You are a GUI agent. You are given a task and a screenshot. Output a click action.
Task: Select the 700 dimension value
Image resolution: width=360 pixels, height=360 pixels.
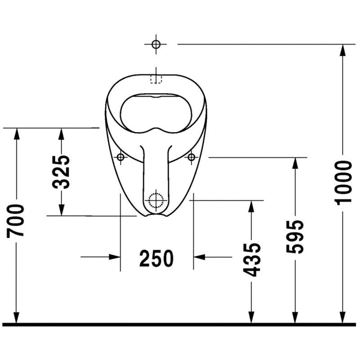[x=16, y=221]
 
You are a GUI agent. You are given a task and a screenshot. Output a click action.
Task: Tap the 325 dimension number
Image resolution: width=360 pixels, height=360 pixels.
[x=61, y=172]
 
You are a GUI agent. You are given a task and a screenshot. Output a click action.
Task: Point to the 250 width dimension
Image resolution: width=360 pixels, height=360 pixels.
[x=156, y=258]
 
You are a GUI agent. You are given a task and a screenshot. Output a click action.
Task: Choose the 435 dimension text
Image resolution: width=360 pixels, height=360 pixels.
[x=252, y=260]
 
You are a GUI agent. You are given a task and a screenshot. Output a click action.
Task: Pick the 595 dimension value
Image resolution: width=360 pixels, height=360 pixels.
[x=295, y=237]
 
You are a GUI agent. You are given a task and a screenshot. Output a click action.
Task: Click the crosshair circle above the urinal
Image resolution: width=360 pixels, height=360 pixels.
[x=156, y=44]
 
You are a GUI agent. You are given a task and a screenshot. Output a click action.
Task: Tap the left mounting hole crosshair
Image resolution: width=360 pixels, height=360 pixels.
[x=121, y=157]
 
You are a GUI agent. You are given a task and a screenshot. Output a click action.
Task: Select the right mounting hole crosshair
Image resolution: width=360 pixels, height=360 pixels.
[x=191, y=157]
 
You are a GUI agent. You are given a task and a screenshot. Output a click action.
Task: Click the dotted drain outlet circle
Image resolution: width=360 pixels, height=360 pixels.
[x=156, y=200]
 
